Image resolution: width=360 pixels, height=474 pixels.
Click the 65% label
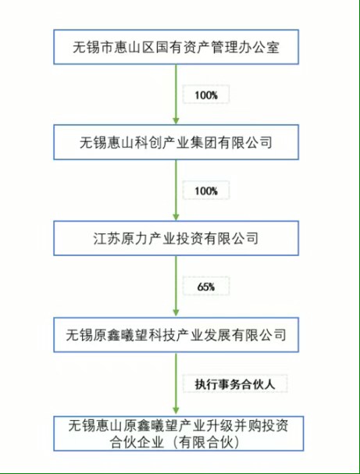(x=206, y=287)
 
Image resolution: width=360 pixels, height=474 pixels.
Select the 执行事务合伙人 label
(x=235, y=384)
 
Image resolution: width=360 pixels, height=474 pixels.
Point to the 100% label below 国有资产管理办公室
(x=206, y=95)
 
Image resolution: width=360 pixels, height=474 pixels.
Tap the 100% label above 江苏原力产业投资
(x=206, y=191)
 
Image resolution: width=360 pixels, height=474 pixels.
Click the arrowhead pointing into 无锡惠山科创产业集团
(x=176, y=120)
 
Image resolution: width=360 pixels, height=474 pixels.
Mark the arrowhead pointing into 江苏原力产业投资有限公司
(x=176, y=217)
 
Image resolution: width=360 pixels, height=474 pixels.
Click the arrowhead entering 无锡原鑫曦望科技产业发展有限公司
(x=176, y=313)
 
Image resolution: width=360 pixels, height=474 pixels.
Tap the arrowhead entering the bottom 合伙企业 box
(x=176, y=411)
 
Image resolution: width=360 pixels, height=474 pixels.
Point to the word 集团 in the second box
(x=203, y=142)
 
